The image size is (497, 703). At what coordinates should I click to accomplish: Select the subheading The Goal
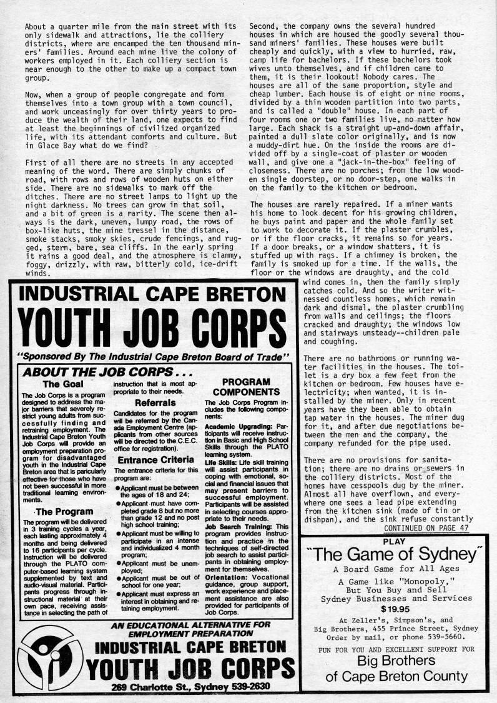tap(60, 384)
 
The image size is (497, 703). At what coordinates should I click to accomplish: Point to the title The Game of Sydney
tap(397, 554)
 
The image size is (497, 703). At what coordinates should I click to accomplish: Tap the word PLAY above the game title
tap(397, 524)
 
